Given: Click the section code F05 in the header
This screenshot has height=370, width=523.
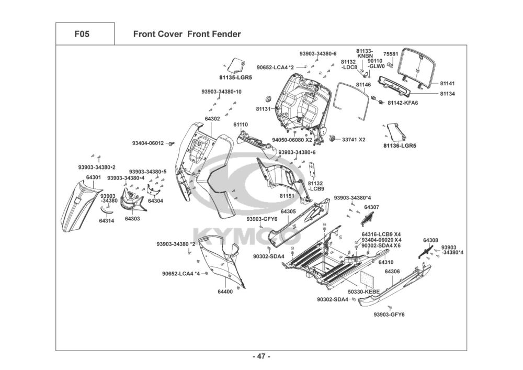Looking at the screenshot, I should tap(82, 35).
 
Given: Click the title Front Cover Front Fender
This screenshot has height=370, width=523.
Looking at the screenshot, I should tap(187, 35).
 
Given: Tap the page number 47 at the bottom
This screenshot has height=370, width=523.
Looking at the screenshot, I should tap(261, 356).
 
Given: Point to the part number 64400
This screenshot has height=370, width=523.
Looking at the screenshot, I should tap(225, 291).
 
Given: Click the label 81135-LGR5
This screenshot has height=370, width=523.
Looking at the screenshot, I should tap(235, 77).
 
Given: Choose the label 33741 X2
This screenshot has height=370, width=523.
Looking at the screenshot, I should tap(354, 140).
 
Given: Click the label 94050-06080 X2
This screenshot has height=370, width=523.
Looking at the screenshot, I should tap(292, 140).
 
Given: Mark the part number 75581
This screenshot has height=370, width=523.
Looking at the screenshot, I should tap(391, 54).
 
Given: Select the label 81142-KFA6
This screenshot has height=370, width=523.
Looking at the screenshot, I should tap(403, 103).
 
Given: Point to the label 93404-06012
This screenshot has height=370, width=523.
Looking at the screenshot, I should tap(148, 143).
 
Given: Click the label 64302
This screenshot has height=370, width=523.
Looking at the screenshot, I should tap(212, 119).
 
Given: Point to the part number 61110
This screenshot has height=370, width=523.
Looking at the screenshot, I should tap(241, 125).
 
